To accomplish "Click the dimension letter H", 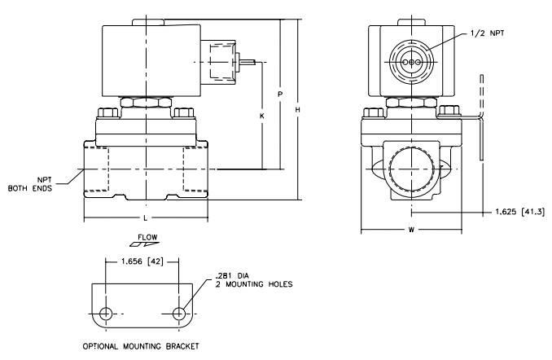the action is pyautogui.click(x=297, y=110).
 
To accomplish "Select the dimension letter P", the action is pyautogui.click(x=280, y=94).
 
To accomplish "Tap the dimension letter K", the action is pyautogui.click(x=262, y=116).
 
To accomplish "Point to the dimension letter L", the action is pyautogui.click(x=146, y=218).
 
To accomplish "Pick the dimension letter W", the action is pyautogui.click(x=411, y=230).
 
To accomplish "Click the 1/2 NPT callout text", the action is pyautogui.click(x=487, y=33).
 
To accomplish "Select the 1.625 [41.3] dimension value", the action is pyautogui.click(x=520, y=212).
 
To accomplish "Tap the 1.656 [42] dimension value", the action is pyautogui.click(x=142, y=261).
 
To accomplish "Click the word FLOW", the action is pyautogui.click(x=147, y=237).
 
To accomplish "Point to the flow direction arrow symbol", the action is pyautogui.click(x=144, y=244).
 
